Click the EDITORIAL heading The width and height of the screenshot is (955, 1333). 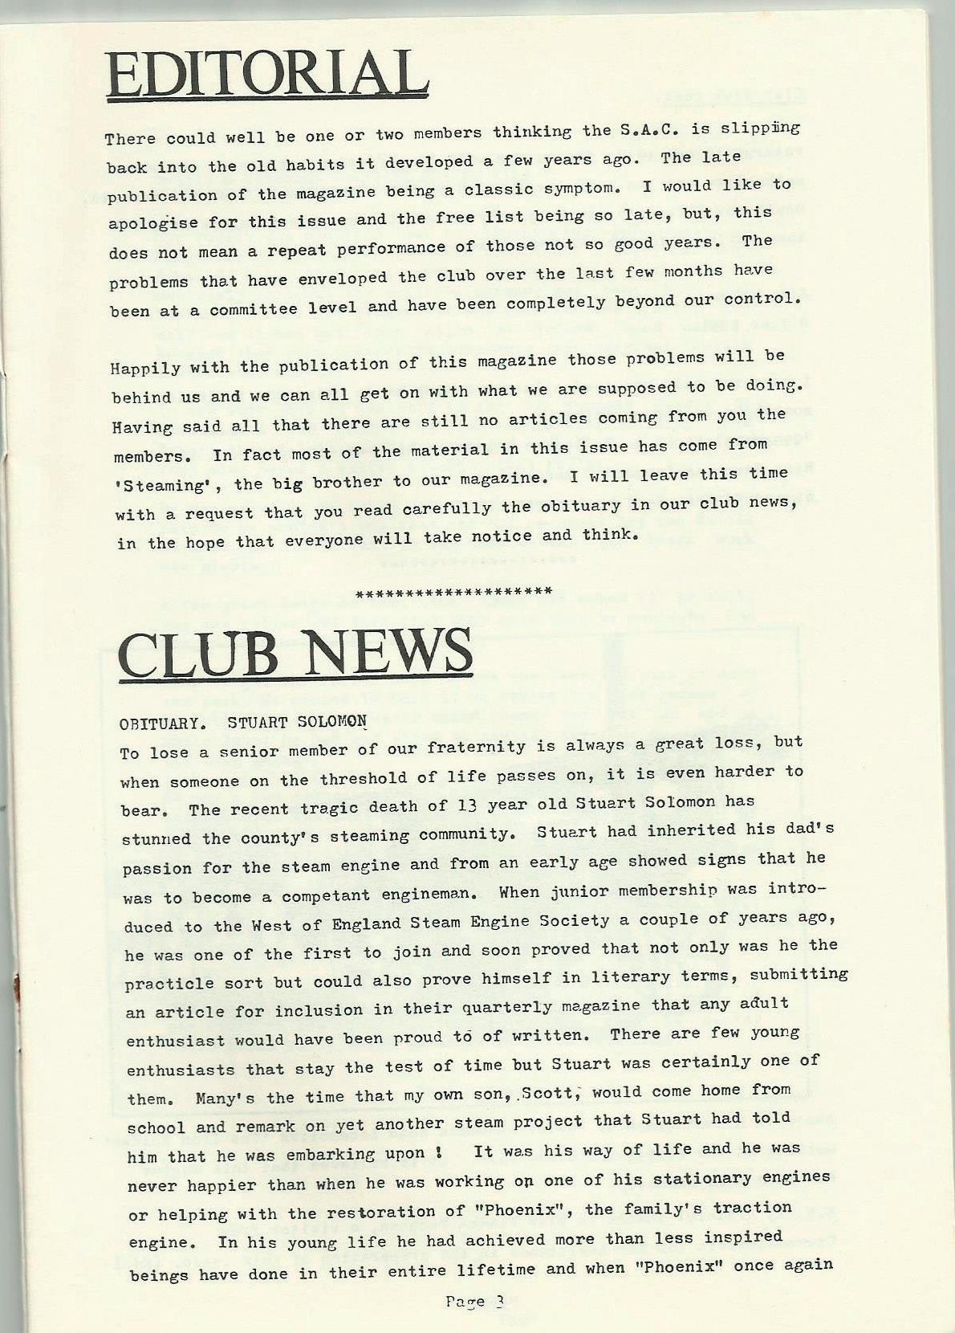(x=266, y=75)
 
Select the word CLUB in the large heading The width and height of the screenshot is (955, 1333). (x=204, y=654)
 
